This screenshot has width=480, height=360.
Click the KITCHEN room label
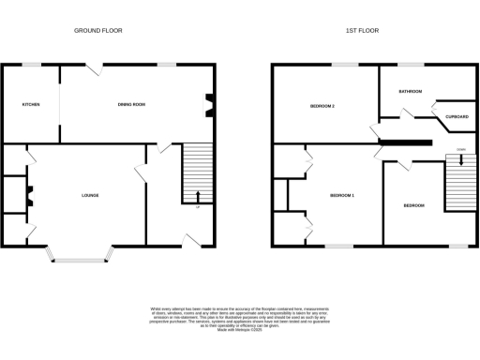(x=30, y=104)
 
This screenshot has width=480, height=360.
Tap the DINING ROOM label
(x=131, y=104)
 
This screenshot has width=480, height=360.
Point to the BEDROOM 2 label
(x=322, y=106)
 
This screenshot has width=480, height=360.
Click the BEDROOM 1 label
(x=341, y=195)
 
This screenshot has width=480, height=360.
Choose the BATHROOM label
(x=410, y=91)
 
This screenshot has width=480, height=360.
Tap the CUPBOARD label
(x=457, y=117)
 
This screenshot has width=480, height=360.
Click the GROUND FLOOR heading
(x=98, y=31)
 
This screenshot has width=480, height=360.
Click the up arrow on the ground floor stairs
(x=197, y=196)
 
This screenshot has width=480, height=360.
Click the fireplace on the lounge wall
(x=29, y=195)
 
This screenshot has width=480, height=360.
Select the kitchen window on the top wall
(x=31, y=65)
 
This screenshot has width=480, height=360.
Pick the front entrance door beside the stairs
(x=194, y=242)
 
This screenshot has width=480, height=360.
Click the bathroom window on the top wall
(x=410, y=65)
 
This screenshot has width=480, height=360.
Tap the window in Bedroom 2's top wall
(x=344, y=65)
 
